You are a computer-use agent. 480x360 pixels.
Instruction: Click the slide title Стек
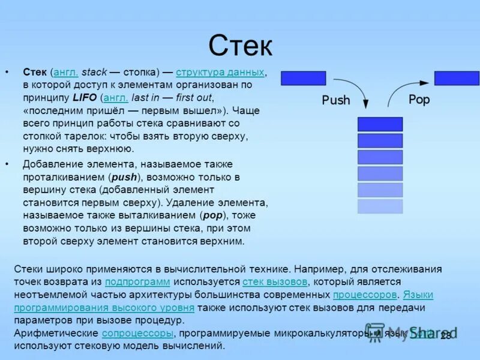tap(240, 46)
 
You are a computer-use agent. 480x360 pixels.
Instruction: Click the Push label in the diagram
tap(335, 100)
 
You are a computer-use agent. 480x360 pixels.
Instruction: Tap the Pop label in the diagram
tap(419, 100)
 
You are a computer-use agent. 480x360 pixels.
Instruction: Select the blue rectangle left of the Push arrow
tap(303, 79)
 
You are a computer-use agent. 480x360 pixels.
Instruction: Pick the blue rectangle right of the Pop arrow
tap(457, 79)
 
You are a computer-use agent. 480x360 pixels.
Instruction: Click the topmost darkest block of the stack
tap(380, 124)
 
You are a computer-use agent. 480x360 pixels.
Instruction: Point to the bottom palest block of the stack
tap(380, 206)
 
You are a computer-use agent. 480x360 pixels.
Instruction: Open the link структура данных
tap(220, 72)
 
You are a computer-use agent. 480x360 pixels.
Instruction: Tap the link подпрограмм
tap(137, 281)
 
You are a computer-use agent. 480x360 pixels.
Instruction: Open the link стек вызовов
tap(275, 281)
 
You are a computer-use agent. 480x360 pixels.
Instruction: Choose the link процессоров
tap(365, 295)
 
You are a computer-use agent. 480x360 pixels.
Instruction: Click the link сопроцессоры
tap(137, 333)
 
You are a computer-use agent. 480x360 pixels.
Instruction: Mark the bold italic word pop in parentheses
tap(212, 215)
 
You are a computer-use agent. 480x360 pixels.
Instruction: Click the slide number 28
tap(445, 336)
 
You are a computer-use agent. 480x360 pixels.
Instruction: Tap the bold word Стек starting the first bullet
tap(35, 72)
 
